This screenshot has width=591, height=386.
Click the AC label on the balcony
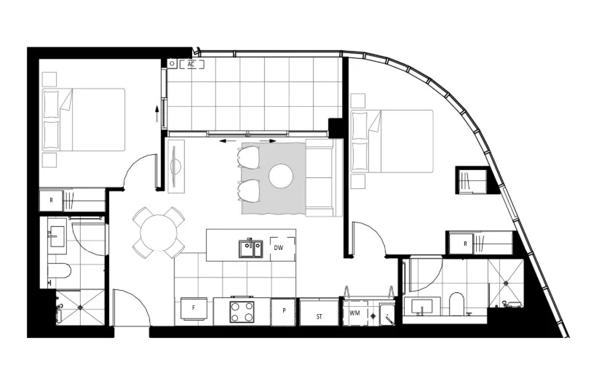tap(191, 64)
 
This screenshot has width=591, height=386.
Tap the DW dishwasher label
tap(278, 248)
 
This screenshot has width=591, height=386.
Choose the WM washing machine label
tap(354, 313)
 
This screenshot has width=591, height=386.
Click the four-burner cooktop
tap(242, 311)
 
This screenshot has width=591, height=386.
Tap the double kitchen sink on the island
tap(249, 248)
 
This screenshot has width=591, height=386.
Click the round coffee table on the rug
tap(281, 175)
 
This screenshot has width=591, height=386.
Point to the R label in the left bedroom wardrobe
tap(51, 199)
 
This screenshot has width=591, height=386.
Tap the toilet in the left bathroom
tap(60, 271)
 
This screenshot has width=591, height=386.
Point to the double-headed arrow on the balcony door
tap(247, 140)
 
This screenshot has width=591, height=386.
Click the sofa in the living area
tap(322, 177)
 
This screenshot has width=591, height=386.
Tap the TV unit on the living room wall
tap(175, 166)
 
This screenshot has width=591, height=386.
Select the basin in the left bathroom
tap(57, 235)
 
